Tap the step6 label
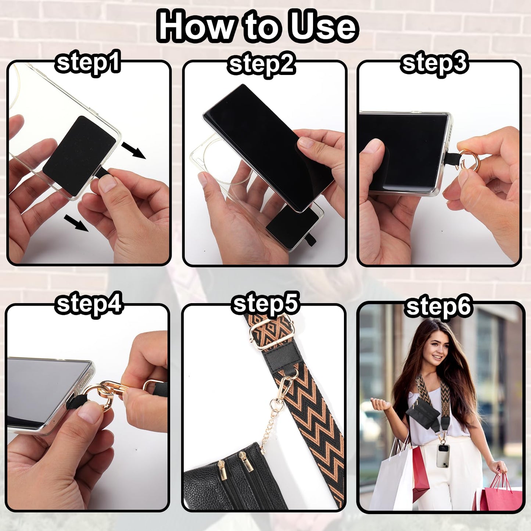pos(438,307)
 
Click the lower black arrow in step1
pos(76,223)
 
